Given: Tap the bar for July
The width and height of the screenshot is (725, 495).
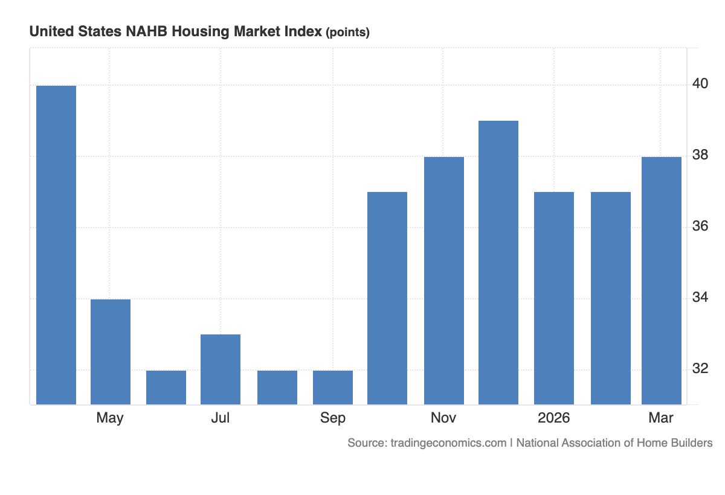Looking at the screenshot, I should click(x=221, y=369).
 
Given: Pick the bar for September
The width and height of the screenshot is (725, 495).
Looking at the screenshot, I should click(x=333, y=387).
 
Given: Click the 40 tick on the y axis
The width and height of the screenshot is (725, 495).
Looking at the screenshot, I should click(x=700, y=83).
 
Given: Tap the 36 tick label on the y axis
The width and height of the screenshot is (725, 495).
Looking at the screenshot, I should click(x=700, y=226).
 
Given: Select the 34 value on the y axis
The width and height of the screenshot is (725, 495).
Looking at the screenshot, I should click(x=700, y=298).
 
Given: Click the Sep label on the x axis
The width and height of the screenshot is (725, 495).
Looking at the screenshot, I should click(x=333, y=418).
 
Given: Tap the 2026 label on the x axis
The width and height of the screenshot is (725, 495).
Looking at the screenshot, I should click(x=554, y=418).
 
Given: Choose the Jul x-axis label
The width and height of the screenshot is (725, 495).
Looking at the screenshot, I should click(x=221, y=418).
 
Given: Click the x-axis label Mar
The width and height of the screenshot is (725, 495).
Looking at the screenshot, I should click(x=660, y=418).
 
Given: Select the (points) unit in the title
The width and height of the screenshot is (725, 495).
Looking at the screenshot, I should click(x=347, y=33).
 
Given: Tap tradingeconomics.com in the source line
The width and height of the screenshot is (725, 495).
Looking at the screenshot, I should click(x=448, y=443).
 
